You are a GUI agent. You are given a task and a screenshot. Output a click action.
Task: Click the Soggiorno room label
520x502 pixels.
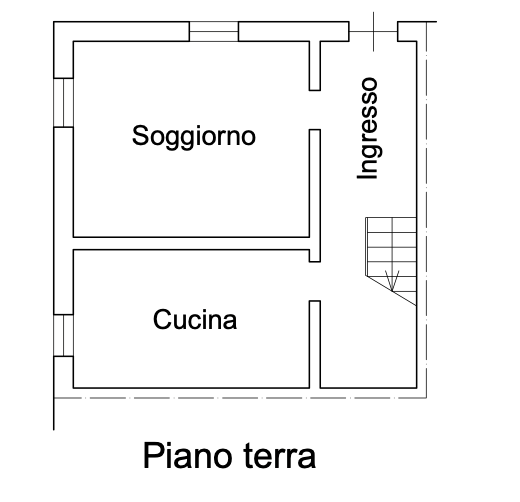point(194,137)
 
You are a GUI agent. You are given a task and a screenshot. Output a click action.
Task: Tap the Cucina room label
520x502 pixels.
point(195,320)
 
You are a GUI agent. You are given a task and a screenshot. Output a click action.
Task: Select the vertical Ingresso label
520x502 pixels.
point(369,128)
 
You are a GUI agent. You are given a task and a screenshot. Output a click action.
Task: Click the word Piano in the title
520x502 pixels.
point(187,456)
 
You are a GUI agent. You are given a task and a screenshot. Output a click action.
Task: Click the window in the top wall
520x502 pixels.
point(214,31)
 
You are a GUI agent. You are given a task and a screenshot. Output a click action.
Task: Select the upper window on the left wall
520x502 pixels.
point(63,103)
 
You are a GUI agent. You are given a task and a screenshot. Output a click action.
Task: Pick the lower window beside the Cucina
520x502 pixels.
point(63,335)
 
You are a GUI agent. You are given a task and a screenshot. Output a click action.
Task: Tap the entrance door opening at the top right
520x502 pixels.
point(373,31)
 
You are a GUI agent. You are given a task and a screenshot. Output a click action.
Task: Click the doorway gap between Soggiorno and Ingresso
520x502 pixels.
point(315,110)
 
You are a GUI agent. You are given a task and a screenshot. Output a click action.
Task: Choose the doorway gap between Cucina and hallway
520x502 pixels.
point(315,281)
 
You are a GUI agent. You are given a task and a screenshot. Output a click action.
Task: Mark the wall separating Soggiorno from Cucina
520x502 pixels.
point(191,243)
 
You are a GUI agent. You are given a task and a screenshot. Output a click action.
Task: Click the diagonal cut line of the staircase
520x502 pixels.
point(391,291)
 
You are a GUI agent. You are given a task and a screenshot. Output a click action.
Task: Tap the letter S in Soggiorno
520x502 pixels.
point(139,135)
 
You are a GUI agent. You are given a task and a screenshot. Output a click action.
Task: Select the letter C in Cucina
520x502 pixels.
point(162,319)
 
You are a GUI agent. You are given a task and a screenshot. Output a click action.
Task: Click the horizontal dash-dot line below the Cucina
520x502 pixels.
point(240,398)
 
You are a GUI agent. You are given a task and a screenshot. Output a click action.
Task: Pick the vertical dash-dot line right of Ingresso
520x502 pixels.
point(427,210)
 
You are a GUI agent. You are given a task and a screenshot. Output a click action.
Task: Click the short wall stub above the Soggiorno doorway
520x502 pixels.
point(315,66)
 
